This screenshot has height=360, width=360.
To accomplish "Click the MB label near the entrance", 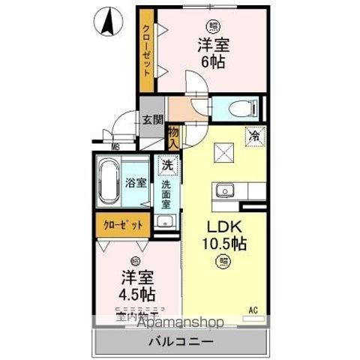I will (x=116, y=147).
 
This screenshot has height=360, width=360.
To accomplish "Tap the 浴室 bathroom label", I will (x=135, y=182).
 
